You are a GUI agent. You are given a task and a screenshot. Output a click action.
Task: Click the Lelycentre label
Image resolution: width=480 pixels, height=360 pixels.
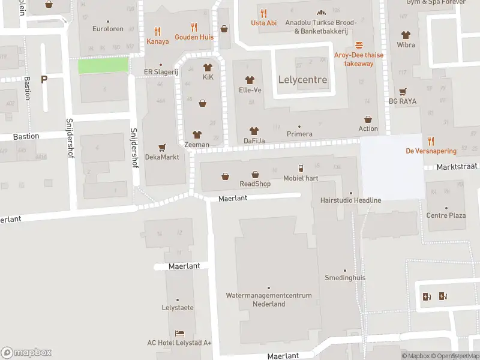[303, 80]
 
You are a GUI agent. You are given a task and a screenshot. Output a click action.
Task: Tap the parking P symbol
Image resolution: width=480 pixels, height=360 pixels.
[44, 79]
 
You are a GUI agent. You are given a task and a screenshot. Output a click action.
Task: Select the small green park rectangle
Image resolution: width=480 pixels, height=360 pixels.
[103, 65]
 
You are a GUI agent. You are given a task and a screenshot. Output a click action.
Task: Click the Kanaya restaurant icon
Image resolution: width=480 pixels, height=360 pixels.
[158, 31]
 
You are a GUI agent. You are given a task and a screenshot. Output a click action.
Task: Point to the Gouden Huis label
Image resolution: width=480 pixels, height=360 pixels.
[194, 37]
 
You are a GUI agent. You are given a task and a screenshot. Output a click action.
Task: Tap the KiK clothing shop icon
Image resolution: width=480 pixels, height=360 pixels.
[208, 68]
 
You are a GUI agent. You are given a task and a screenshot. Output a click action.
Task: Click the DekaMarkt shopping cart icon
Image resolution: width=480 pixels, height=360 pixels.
[162, 147]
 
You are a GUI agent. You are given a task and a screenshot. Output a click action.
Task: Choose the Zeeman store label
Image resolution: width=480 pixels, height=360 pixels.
[197, 145]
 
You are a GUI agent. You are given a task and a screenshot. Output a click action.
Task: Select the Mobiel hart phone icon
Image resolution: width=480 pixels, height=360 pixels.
[301, 169]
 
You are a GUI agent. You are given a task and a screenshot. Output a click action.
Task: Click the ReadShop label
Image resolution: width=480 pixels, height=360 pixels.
[255, 184]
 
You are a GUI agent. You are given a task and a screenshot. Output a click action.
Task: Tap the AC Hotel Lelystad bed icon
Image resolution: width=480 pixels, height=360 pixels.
[179, 333]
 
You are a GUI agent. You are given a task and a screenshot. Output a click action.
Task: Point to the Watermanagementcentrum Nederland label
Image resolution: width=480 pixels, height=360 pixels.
[268, 299]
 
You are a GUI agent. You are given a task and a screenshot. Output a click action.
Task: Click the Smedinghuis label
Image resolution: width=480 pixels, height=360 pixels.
[344, 278]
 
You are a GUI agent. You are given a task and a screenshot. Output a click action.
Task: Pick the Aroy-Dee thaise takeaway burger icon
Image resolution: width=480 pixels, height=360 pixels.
[359, 45]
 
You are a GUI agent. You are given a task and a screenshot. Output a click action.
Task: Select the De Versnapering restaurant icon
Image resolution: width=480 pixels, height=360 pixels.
[431, 141]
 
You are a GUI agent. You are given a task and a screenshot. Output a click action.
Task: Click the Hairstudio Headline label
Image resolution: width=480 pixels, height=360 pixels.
[350, 200]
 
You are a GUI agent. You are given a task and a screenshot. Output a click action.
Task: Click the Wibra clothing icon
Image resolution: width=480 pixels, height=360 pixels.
[406, 35]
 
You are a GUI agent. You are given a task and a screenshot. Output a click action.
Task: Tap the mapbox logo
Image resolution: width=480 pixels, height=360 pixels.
[26, 353]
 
